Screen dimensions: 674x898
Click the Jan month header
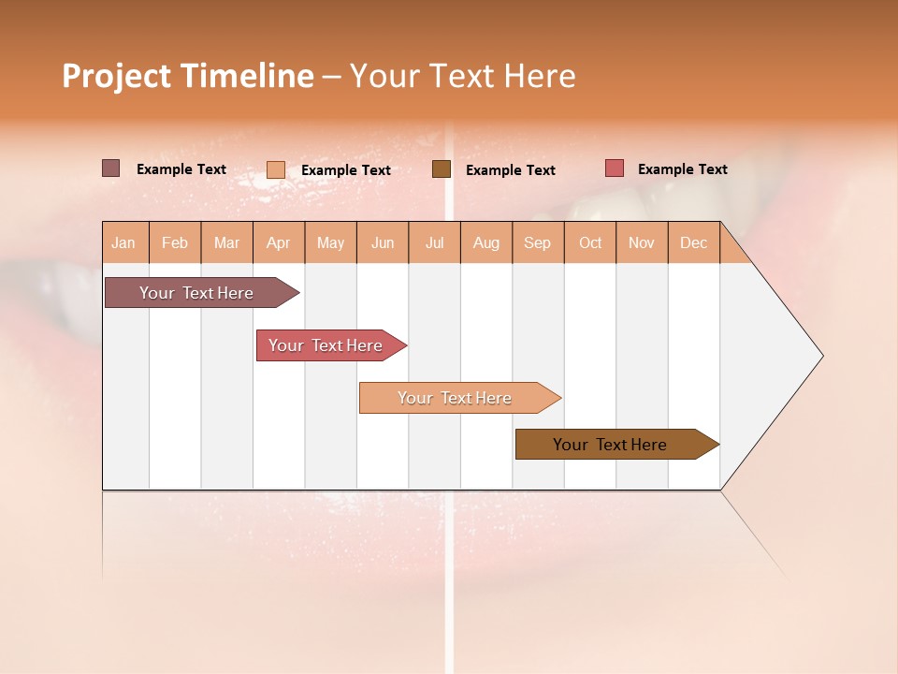(123, 242)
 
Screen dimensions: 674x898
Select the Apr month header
(278, 242)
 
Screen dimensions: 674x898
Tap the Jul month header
(434, 242)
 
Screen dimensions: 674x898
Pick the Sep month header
(537, 242)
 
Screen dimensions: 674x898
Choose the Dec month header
(693, 242)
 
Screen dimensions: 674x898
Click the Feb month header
(175, 242)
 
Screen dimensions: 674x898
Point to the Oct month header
(590, 242)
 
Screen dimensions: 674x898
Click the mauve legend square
(110, 168)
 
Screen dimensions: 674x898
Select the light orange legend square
(276, 169)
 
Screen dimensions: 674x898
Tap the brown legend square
(442, 169)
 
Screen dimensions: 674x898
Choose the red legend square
(614, 168)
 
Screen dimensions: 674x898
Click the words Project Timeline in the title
(187, 76)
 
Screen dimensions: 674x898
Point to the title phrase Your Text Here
(462, 76)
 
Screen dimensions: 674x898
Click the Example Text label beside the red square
(682, 169)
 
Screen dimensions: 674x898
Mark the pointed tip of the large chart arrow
(821, 356)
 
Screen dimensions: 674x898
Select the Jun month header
(383, 242)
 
